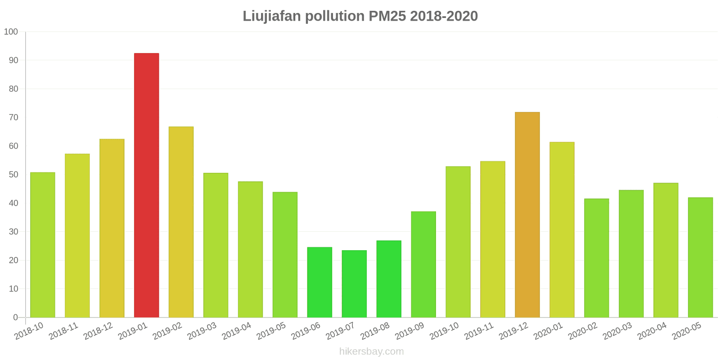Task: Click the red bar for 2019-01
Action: coord(146,185)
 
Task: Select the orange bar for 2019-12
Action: coord(527,215)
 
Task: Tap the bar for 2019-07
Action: coord(354,283)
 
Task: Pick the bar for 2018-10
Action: coord(43,245)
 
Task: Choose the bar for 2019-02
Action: coord(181,222)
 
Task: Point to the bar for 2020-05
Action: coord(700,257)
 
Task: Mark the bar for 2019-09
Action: coord(423,264)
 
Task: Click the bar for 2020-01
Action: coord(562,229)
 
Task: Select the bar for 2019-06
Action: coord(319,282)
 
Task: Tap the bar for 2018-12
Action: coord(112,228)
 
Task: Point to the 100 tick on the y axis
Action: coord(11,32)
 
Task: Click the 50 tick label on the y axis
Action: coord(13,175)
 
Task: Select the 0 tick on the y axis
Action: coord(15,317)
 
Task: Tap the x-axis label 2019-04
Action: coord(236,331)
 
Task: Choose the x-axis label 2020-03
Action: coord(617,331)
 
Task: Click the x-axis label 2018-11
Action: coord(63,331)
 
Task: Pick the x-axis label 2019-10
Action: coord(444,331)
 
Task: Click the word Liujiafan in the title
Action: coord(272,16)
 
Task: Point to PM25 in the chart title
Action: coord(387,16)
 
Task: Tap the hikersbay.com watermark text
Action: coord(371,351)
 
